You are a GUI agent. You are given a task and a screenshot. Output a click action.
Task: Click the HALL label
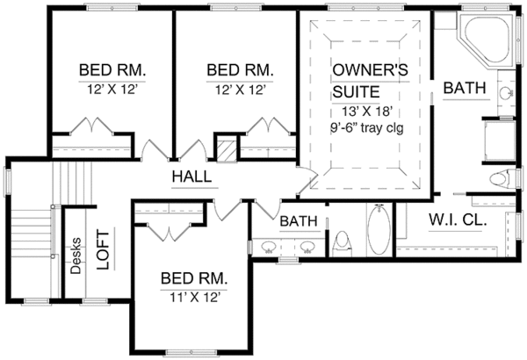coord(191,176)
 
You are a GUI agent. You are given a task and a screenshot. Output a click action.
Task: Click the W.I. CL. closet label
coord(458,221)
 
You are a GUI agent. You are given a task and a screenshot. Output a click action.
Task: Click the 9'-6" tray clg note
coord(360,129)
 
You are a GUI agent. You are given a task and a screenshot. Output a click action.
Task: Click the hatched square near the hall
coord(227,150)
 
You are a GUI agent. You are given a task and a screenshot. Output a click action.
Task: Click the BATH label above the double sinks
coord(298,222)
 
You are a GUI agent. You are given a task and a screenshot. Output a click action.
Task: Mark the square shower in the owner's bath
coord(501,139)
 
